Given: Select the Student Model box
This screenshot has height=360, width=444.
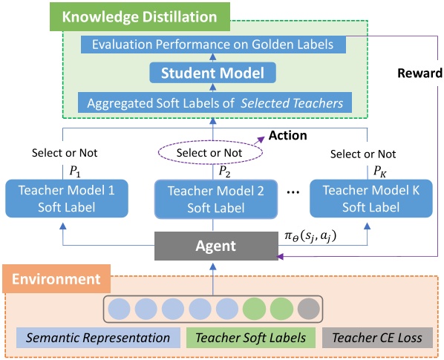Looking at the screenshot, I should pos(213,73).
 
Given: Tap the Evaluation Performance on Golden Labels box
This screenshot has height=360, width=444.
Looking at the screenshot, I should pos(213,45).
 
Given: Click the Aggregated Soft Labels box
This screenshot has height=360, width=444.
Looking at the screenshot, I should pos(213,102).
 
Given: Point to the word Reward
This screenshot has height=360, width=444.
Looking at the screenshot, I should pos(418,73).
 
